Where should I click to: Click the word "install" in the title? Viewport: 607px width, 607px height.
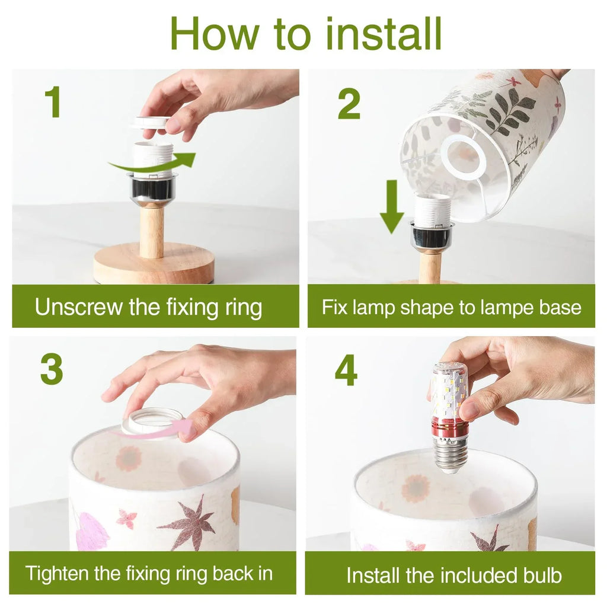384,33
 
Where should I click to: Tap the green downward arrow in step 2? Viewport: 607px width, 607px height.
392,206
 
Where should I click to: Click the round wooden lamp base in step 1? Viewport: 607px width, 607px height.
154,265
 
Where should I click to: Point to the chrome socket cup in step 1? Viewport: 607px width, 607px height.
152,190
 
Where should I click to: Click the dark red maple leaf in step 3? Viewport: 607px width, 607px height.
189,522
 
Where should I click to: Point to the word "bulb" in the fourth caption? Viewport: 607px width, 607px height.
542,575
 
